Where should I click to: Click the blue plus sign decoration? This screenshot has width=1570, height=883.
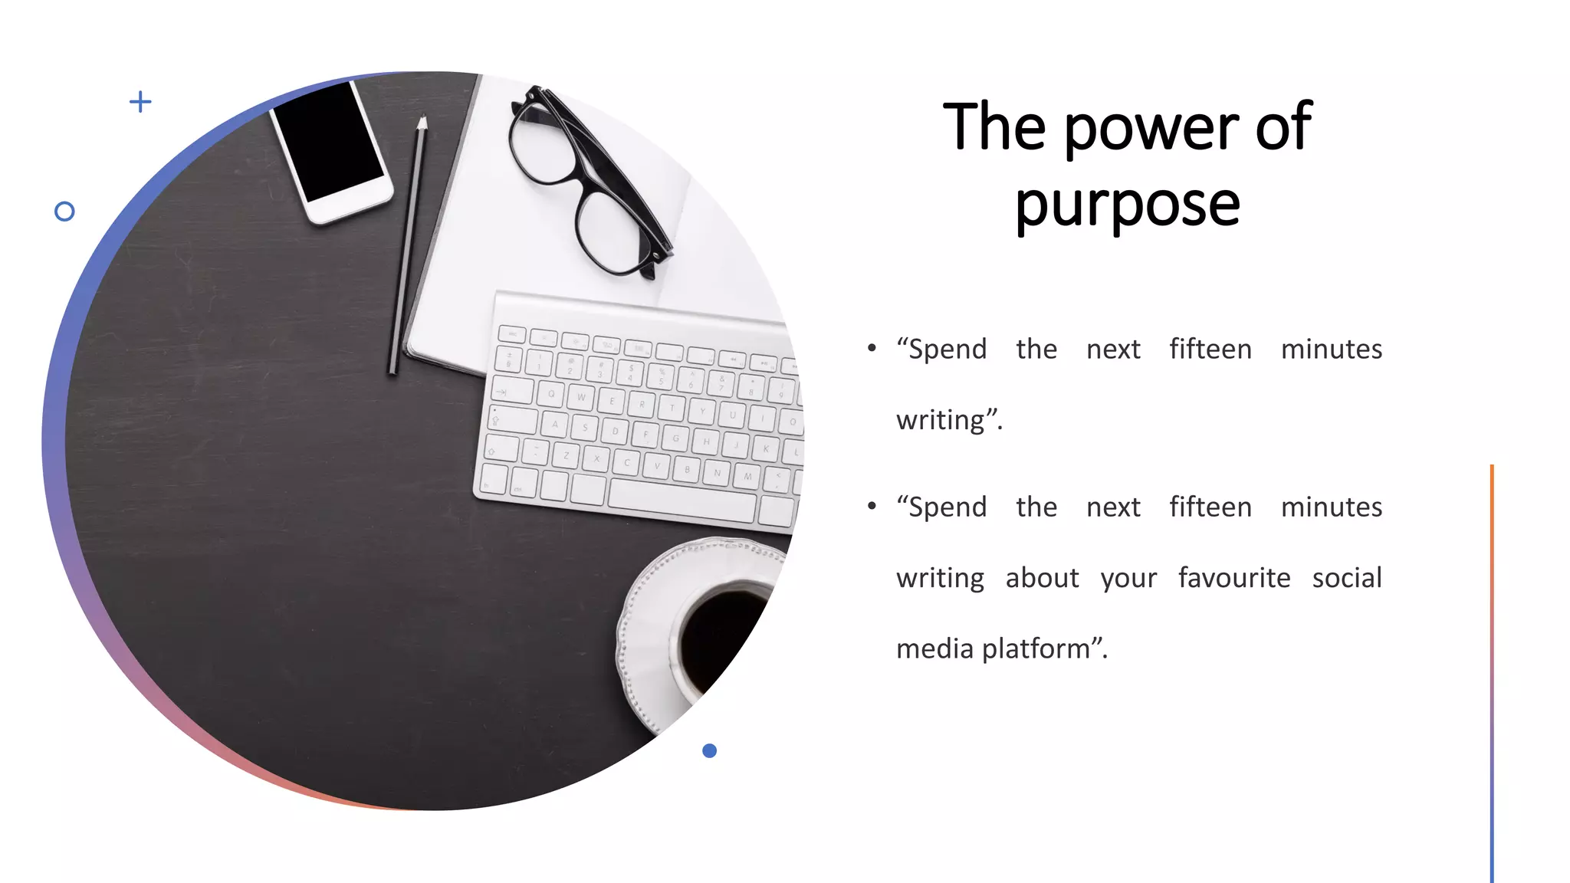click(140, 101)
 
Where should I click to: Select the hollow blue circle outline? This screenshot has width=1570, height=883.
click(65, 212)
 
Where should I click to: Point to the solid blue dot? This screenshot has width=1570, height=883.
click(709, 750)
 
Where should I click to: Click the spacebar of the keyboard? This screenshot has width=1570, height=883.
click(682, 503)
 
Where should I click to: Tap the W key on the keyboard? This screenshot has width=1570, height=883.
click(580, 397)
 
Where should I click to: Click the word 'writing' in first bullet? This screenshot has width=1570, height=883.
click(941, 421)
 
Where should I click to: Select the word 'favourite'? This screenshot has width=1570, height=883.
click(1234, 578)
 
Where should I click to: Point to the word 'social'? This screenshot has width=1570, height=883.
click(1346, 578)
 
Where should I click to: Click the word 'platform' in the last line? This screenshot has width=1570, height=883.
click(1036, 649)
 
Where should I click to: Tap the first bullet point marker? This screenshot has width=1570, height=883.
click(872, 349)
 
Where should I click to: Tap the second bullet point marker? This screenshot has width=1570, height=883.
click(872, 507)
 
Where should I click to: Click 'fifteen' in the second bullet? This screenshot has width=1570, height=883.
click(1210, 507)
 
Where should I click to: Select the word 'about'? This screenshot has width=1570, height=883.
click(1042, 578)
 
